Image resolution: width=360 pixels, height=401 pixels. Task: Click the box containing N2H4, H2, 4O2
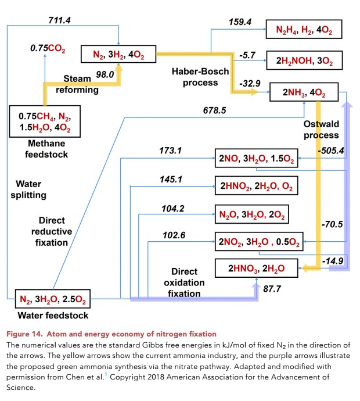pyautogui.click(x=303, y=29)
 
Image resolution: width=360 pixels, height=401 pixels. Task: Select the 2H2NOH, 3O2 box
pyautogui.click(x=303, y=60)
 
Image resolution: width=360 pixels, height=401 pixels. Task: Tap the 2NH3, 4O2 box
pyautogui.click(x=304, y=92)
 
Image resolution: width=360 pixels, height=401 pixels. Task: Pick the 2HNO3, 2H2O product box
pyautogui.click(x=257, y=268)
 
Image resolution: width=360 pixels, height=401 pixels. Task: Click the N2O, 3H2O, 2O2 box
pyautogui.click(x=251, y=214)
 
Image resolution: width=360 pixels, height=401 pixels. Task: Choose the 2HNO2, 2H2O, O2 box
pyautogui.click(x=257, y=187)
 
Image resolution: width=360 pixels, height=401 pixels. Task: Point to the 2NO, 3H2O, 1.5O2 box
pyautogui.click(x=257, y=158)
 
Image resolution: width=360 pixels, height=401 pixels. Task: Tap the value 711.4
pyautogui.click(x=59, y=20)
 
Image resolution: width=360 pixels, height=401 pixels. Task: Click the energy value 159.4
pyautogui.click(x=240, y=22)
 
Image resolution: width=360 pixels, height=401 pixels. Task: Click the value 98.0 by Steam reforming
pyautogui.click(x=105, y=74)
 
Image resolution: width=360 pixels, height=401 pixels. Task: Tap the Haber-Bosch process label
pyautogui.click(x=200, y=77)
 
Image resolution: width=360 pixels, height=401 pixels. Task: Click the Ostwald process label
pyautogui.click(x=321, y=130)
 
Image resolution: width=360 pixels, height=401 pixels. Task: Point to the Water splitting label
pyautogui.click(x=28, y=189)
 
